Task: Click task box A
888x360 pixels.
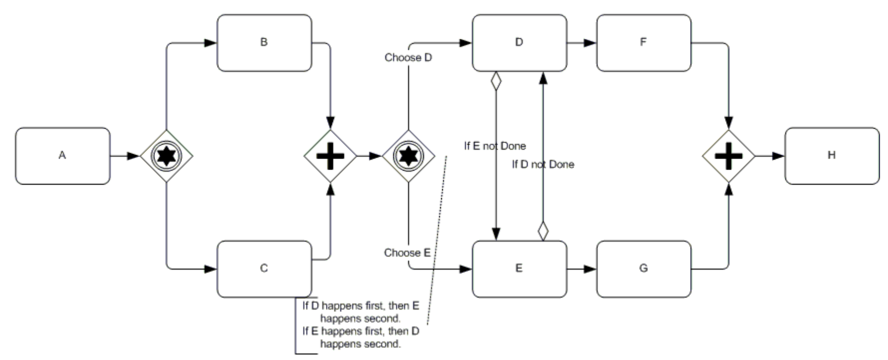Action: (62, 156)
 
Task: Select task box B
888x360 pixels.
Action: (264, 43)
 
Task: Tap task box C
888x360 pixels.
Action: (264, 269)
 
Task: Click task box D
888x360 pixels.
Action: (519, 43)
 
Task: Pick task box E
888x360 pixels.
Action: (519, 269)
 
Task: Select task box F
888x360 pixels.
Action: (644, 43)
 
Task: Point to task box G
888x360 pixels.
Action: (644, 269)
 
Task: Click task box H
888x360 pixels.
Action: (832, 156)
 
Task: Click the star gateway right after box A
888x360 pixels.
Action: (166, 156)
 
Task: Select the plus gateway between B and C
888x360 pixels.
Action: (330, 156)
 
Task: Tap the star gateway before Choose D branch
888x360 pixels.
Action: (409, 156)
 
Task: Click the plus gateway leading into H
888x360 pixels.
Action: (728, 156)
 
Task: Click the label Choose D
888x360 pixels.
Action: (408, 58)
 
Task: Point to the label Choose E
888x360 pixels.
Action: (407, 253)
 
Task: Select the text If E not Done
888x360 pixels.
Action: (495, 146)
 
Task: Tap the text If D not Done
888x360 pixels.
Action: (543, 165)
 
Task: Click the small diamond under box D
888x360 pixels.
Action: (495, 81)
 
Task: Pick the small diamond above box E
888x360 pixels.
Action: (543, 231)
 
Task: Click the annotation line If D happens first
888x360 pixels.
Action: (361, 312)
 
